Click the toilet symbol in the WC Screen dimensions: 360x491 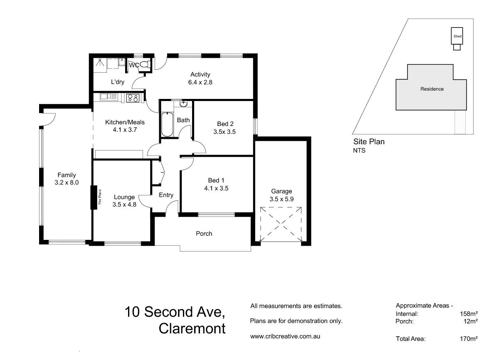(x=144, y=65)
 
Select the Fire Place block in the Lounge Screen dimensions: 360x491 (x=95, y=197)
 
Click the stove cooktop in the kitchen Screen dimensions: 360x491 (x=133, y=98)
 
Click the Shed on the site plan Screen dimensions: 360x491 (x=457, y=37)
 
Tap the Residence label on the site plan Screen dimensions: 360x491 (x=432, y=89)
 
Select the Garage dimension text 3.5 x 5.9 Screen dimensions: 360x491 (x=282, y=199)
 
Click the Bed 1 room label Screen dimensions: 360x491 (x=216, y=180)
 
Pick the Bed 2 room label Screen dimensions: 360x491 (x=225, y=123)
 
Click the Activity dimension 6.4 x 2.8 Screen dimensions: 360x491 (x=200, y=82)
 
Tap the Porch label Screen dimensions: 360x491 (x=204, y=234)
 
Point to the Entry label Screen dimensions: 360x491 (x=166, y=195)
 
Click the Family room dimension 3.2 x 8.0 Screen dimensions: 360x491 (x=67, y=182)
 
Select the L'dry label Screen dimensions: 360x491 (x=118, y=82)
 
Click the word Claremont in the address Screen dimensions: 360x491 (x=192, y=328)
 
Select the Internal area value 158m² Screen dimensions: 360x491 (x=469, y=314)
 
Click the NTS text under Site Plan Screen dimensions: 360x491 (x=359, y=150)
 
